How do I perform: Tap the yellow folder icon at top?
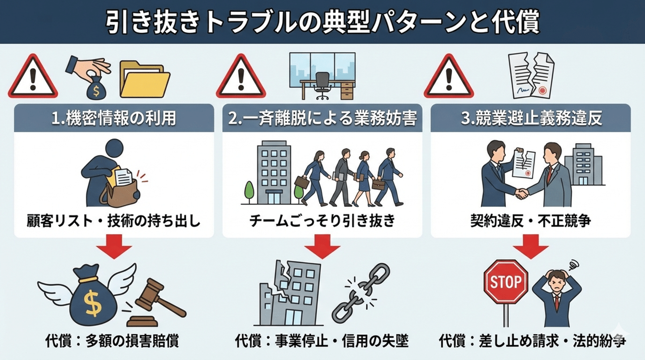(x=145, y=79)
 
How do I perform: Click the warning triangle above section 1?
(x=33, y=76)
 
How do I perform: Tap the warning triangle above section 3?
(x=449, y=76)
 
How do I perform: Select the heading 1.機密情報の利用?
(x=114, y=118)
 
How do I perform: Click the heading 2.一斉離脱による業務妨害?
(x=322, y=118)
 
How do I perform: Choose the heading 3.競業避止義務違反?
(x=531, y=118)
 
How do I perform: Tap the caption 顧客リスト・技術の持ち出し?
(x=113, y=221)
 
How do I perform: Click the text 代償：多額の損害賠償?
(x=112, y=341)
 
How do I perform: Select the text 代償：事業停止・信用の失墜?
(x=322, y=341)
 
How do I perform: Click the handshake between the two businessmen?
(x=521, y=193)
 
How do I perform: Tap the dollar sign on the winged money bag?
(x=92, y=303)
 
